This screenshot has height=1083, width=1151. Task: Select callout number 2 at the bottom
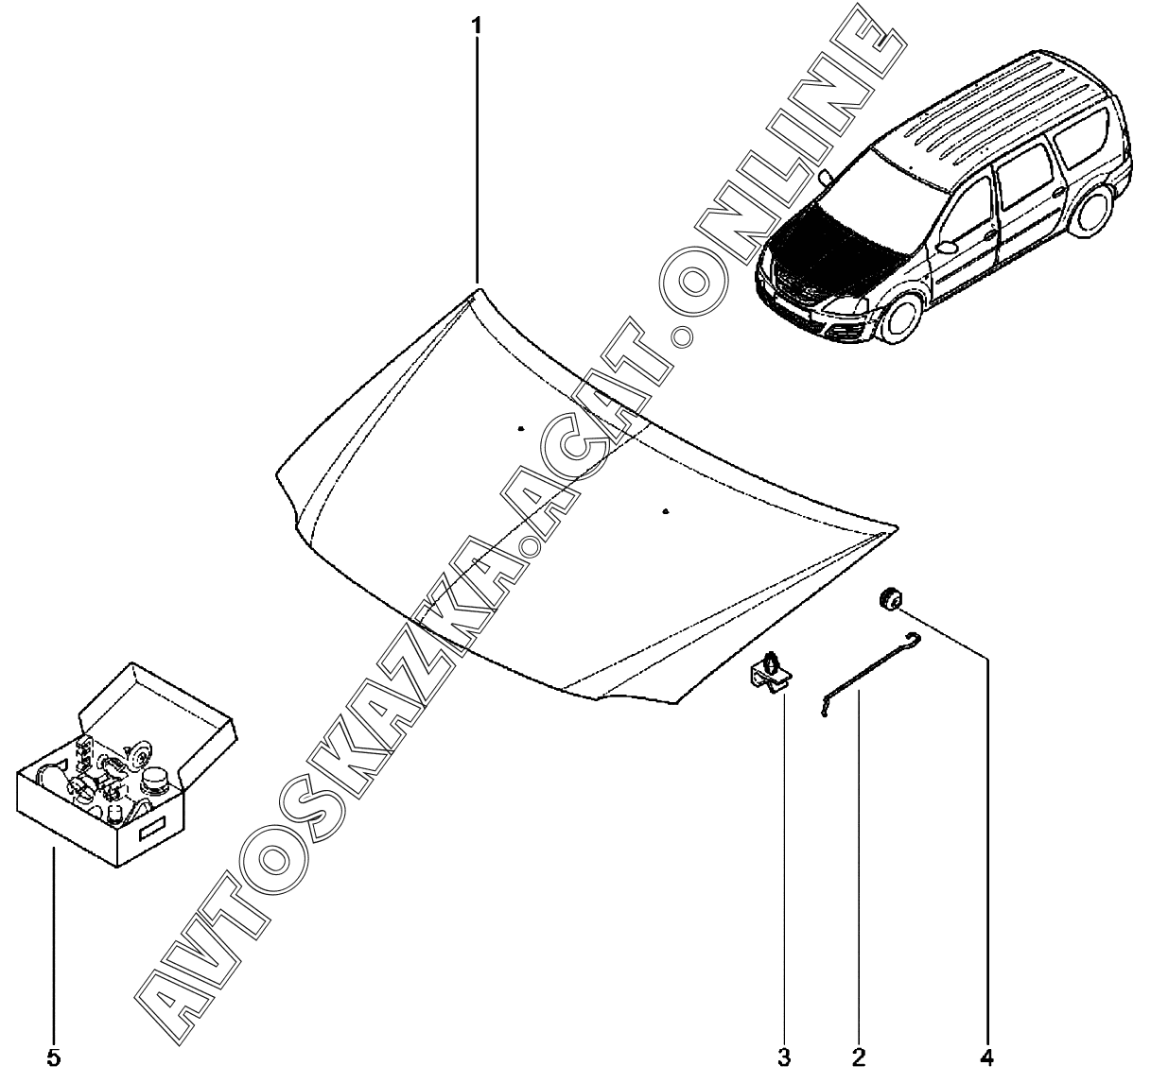(x=859, y=1058)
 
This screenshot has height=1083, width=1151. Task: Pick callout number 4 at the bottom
(x=987, y=1058)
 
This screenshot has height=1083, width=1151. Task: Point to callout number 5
(x=53, y=1058)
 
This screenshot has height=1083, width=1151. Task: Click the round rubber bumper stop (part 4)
(x=889, y=598)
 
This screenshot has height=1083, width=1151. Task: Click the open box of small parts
(x=127, y=773)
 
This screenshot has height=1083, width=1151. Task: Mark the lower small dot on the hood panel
(x=666, y=511)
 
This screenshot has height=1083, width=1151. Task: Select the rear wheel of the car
(x=1091, y=212)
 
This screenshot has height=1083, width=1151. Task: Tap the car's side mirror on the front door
(x=948, y=248)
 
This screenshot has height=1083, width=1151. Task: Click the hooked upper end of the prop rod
(x=915, y=638)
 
